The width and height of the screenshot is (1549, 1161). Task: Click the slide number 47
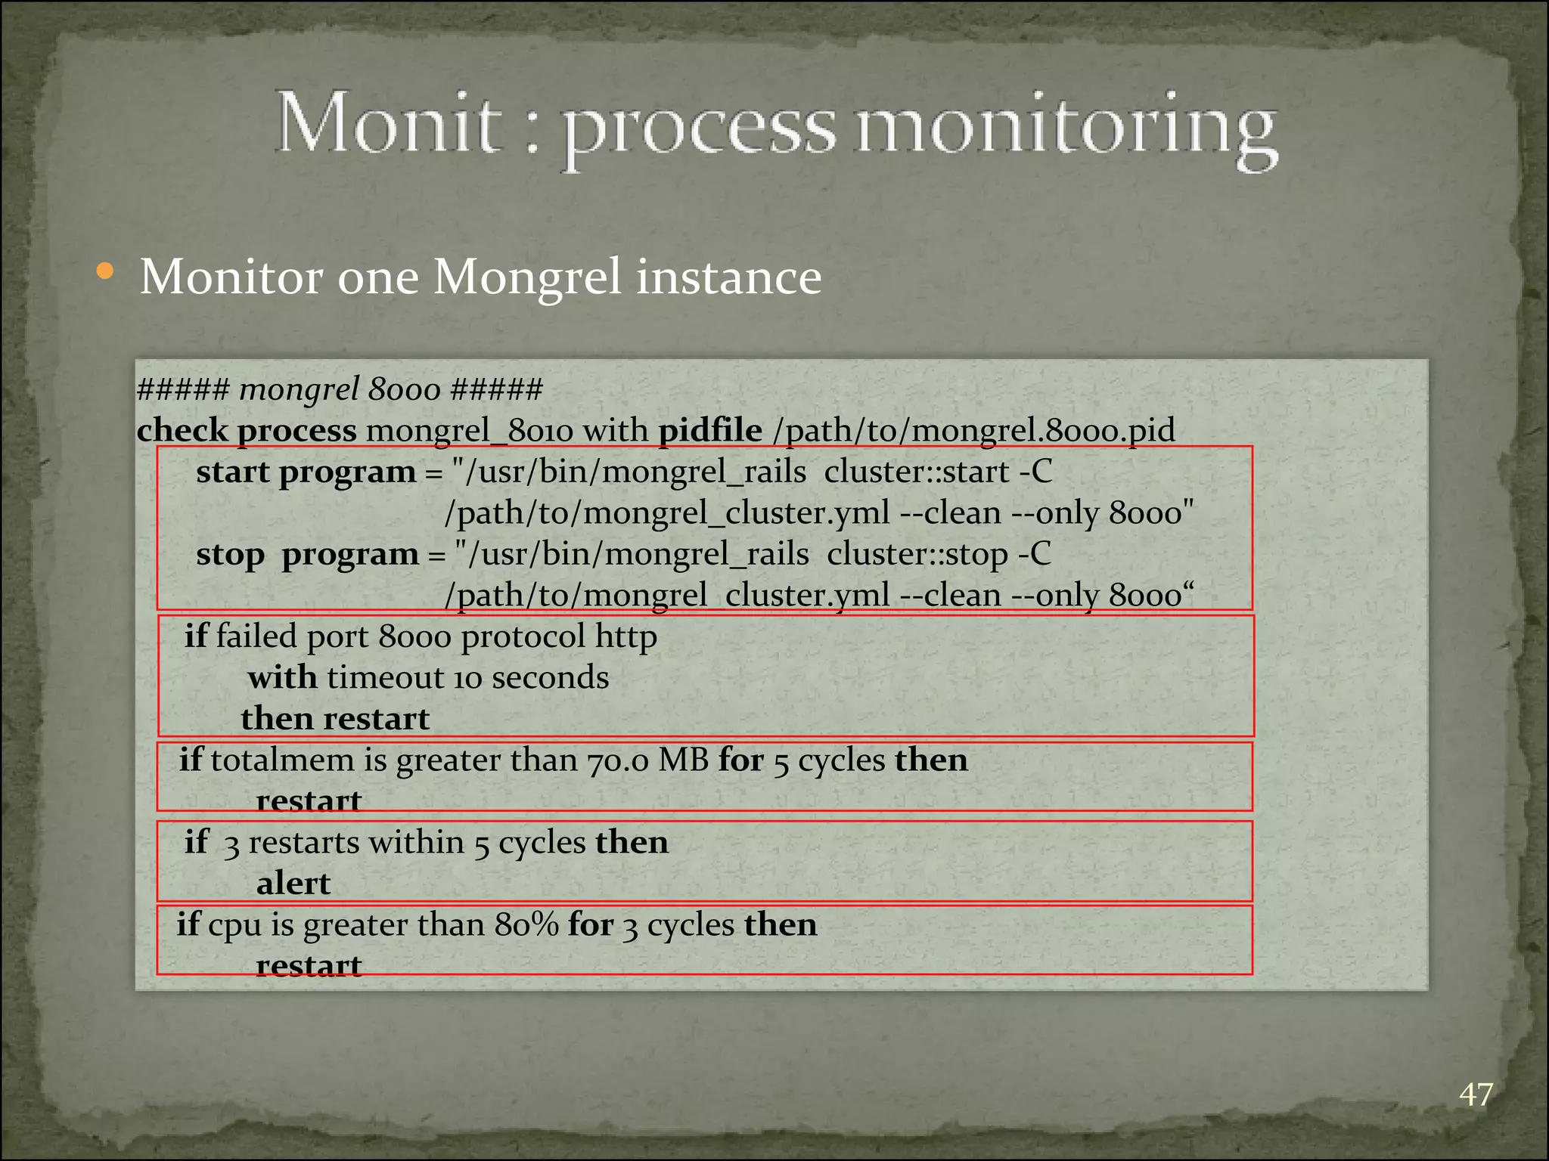(x=1476, y=1094)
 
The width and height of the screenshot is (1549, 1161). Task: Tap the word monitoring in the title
(x=1066, y=128)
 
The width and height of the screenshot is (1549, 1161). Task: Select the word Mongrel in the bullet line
(x=529, y=277)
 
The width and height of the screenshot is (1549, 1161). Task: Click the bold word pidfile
(x=709, y=431)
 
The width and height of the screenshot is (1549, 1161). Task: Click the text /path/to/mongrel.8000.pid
(x=974, y=432)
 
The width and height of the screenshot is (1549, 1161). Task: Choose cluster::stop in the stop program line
(x=917, y=555)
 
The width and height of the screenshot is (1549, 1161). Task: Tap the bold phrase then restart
(x=335, y=719)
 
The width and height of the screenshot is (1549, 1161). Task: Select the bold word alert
(x=293, y=884)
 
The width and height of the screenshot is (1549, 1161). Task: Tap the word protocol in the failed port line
(x=523, y=636)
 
